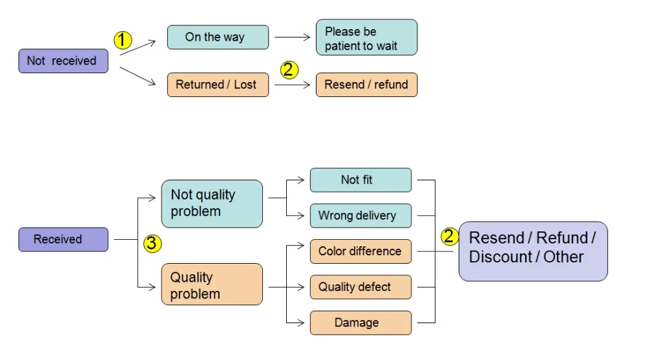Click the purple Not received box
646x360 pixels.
[x=63, y=61]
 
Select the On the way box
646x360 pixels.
[x=218, y=37]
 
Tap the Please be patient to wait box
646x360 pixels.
[x=367, y=37]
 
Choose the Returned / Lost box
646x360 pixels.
[x=218, y=85]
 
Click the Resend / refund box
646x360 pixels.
[x=367, y=85]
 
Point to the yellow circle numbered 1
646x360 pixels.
[x=123, y=40]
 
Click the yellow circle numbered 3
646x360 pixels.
[x=152, y=243]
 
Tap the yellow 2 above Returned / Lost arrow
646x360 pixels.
[x=289, y=70]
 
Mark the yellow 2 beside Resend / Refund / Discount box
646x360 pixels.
[x=450, y=237]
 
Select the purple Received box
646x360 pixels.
[x=63, y=240]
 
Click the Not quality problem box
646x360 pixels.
[x=212, y=204]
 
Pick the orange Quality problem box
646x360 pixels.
[x=212, y=284]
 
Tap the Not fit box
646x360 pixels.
[x=360, y=180]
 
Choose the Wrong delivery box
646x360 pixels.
[x=360, y=216]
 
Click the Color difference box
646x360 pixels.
[x=360, y=251]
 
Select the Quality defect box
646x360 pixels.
[x=360, y=287]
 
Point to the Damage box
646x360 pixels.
[x=360, y=323]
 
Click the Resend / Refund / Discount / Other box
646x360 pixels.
[x=533, y=251]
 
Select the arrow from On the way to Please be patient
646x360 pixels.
[x=293, y=37]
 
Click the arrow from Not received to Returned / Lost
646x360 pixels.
[x=138, y=76]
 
